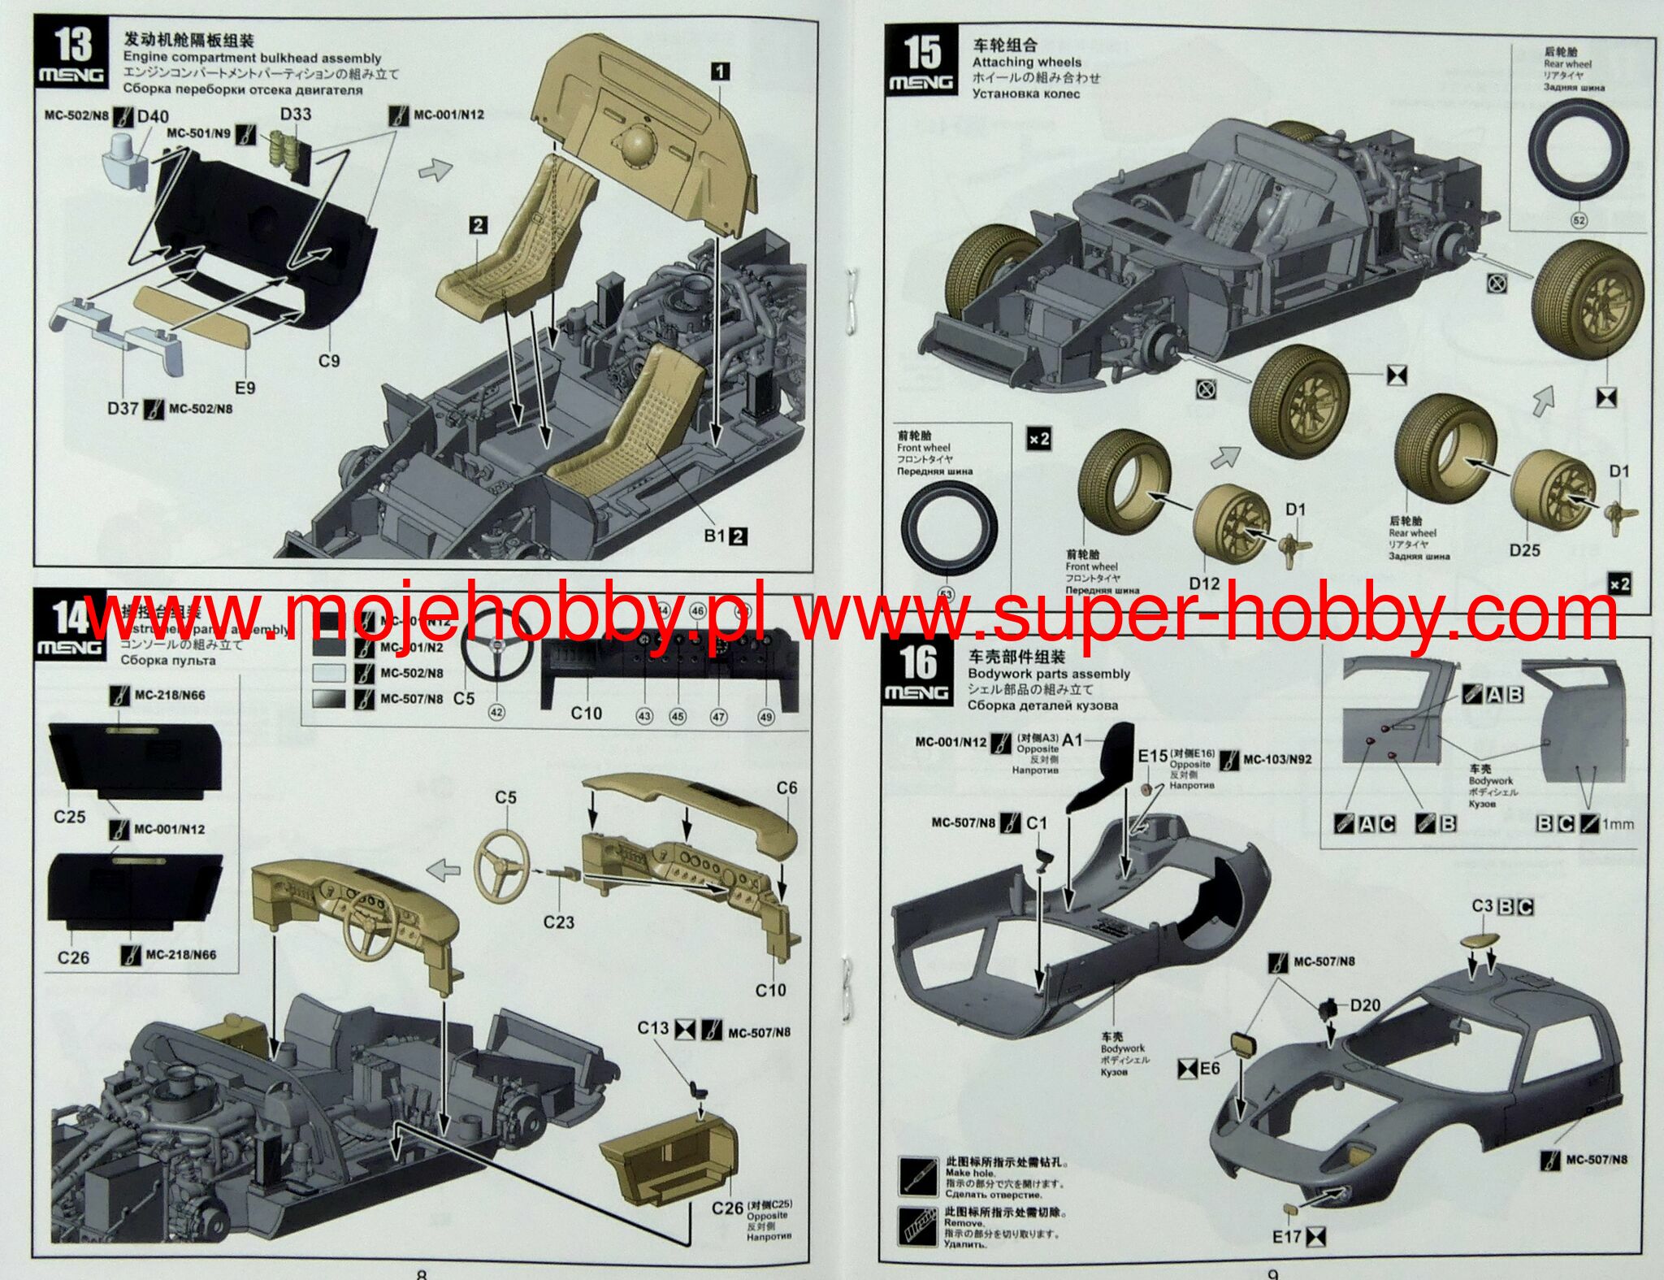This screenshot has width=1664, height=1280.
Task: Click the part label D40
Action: [x=153, y=117]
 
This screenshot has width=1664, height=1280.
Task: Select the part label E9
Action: [x=245, y=388]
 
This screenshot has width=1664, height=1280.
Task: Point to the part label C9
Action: [x=328, y=360]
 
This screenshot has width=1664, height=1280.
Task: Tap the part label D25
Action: [x=1524, y=550]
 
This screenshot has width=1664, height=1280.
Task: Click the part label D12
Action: [x=1204, y=584]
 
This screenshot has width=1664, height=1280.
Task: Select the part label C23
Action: [x=558, y=922]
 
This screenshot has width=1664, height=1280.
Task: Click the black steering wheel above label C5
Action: [x=496, y=650]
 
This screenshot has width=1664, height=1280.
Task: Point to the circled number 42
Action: [x=496, y=712]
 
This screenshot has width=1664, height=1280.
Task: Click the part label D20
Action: [x=1365, y=1005]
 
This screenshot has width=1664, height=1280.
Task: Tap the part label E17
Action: [x=1287, y=1236]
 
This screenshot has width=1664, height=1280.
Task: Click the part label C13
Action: [x=652, y=1028]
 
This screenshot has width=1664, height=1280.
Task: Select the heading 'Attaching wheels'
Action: [x=1027, y=62]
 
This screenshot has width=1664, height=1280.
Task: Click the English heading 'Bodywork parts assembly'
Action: [x=1049, y=674]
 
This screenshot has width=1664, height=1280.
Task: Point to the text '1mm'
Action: [x=1618, y=824]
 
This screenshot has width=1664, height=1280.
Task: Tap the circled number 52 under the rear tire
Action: [x=1579, y=220]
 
